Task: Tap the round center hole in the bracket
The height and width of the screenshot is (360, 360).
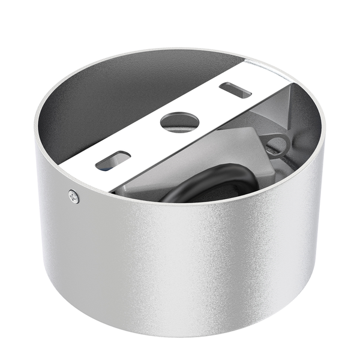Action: pos(179,122)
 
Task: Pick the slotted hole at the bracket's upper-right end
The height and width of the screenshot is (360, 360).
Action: pos(235,90)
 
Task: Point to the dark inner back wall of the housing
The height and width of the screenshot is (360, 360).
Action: pos(120,96)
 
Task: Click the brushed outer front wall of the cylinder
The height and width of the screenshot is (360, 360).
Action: pos(180,264)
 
